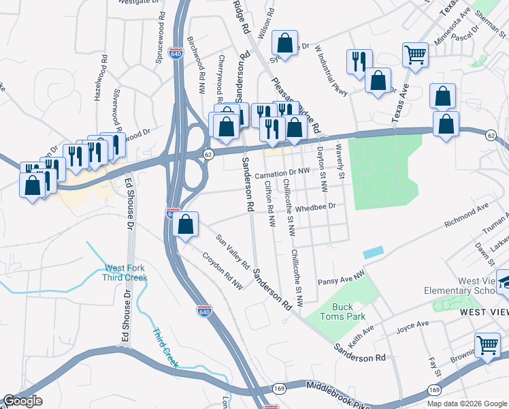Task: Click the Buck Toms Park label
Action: [346, 312]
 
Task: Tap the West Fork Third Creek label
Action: [125, 273]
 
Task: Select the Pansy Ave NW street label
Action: [342, 277]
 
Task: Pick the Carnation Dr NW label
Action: [283, 175]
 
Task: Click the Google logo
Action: [22, 401]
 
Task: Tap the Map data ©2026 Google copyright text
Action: [467, 404]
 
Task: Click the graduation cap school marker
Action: [504, 282]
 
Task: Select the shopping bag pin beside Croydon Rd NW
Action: [185, 224]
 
